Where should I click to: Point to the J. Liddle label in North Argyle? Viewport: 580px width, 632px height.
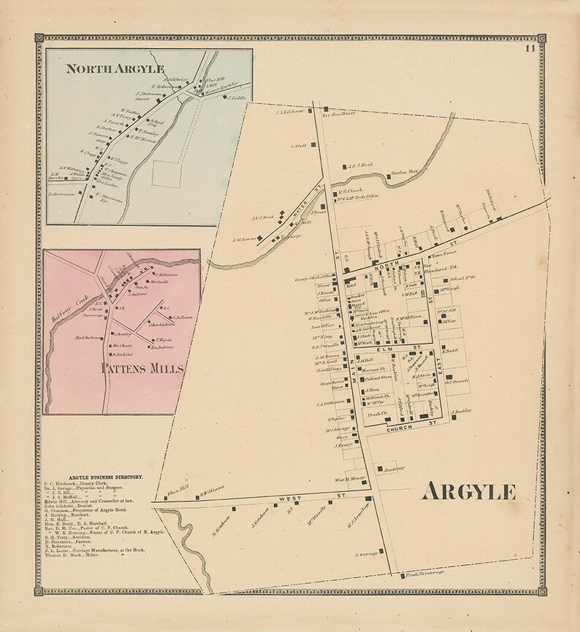[237, 97]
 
